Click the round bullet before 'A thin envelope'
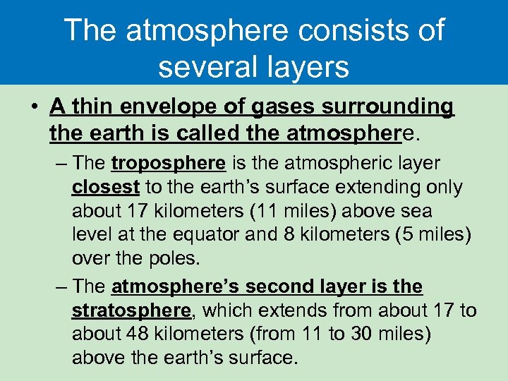point(34,108)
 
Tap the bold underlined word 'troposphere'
point(168,164)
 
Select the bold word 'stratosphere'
point(131,310)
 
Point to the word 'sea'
point(417,211)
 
